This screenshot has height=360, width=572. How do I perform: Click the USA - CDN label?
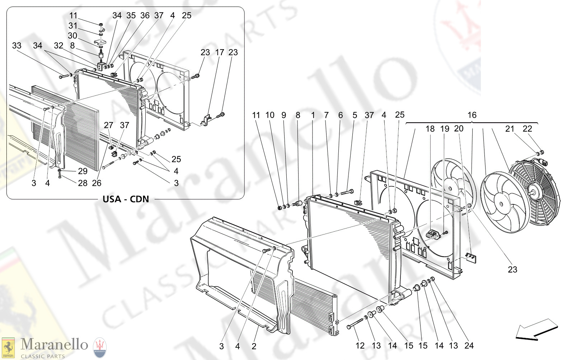click(126, 199)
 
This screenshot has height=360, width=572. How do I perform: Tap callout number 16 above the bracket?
click(472, 115)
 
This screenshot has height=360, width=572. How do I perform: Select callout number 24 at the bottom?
click(469, 346)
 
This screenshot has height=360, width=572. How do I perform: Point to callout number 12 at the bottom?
click(360, 346)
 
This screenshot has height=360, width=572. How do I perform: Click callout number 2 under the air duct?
click(254, 346)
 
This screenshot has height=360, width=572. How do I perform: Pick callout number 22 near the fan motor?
click(527, 129)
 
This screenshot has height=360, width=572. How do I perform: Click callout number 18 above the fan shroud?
click(430, 129)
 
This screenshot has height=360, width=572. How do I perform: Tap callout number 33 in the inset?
click(17, 46)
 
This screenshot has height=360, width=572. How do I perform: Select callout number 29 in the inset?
click(83, 171)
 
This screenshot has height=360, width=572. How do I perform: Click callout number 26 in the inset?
click(97, 183)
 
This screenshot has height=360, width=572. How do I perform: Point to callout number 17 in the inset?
click(219, 52)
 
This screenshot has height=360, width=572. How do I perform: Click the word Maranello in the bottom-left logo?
click(54, 345)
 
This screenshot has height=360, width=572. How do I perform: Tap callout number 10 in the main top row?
click(269, 115)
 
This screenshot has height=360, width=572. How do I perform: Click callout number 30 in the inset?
click(72, 35)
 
